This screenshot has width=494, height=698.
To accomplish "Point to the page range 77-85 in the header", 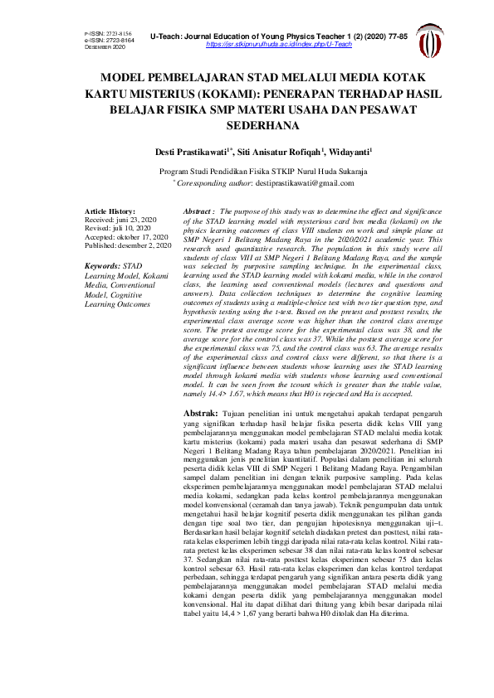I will (x=395, y=37).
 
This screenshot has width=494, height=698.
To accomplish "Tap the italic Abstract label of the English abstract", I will (x=198, y=212).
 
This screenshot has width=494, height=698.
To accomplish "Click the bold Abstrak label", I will (x=200, y=412).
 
